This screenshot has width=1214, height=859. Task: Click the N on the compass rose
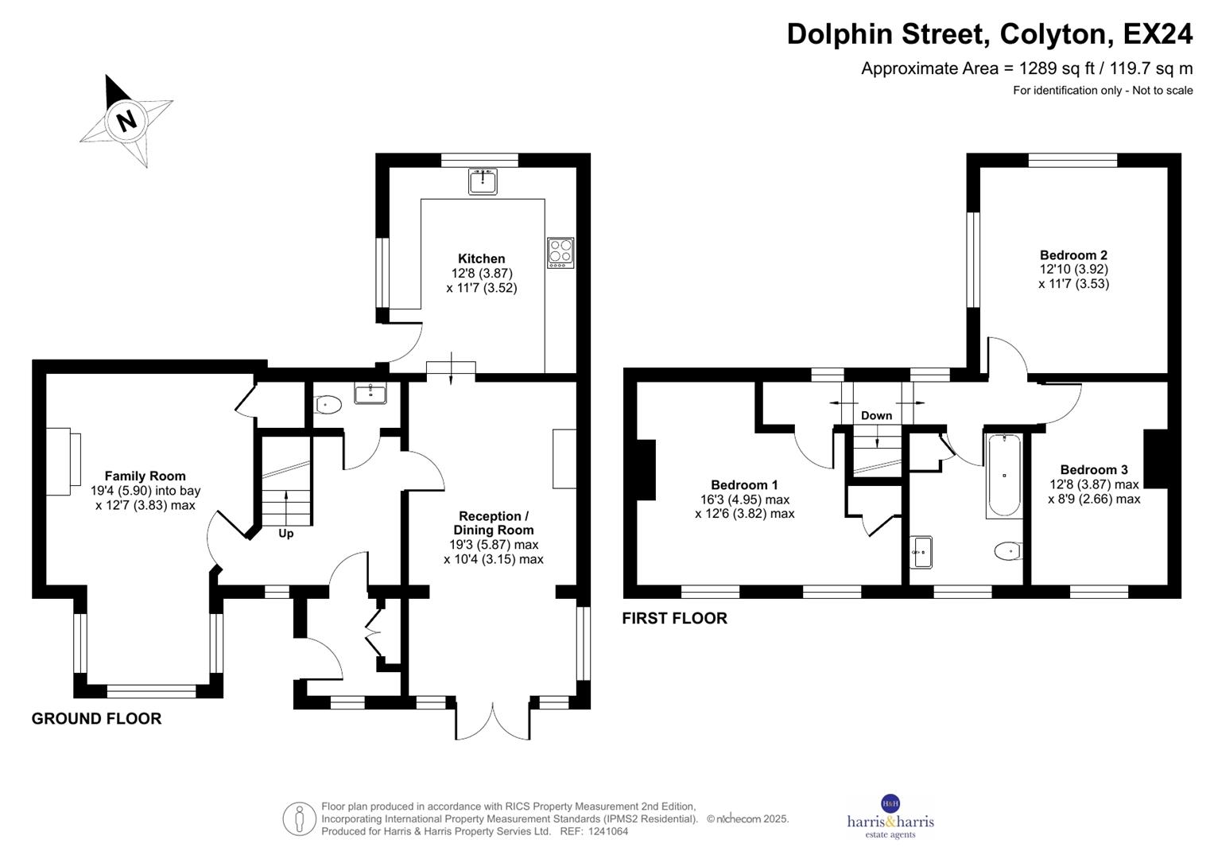[x=126, y=120]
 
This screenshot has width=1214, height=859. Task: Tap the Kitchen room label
[x=481, y=258]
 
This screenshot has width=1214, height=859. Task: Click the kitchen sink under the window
[x=483, y=182]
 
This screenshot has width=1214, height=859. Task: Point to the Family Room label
[x=145, y=476]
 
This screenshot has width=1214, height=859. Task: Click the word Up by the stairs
[x=285, y=534]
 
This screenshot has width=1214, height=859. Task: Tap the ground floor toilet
[x=328, y=406]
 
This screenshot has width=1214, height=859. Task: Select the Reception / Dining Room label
[x=493, y=523]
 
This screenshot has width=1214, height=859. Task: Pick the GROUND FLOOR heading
[x=96, y=719]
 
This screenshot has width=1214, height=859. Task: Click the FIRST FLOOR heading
[x=674, y=619]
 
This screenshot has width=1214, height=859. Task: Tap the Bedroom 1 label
[x=744, y=485]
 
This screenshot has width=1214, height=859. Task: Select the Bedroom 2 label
[x=1073, y=255]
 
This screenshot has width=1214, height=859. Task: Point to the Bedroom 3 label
[x=1093, y=470]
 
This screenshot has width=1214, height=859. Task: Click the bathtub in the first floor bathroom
[x=1004, y=476]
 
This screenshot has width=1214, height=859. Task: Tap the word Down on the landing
[x=876, y=415]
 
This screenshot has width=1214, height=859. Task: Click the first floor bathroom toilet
[x=1007, y=550]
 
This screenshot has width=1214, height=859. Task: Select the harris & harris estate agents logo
[x=890, y=818]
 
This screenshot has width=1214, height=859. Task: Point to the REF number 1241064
[x=607, y=831]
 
